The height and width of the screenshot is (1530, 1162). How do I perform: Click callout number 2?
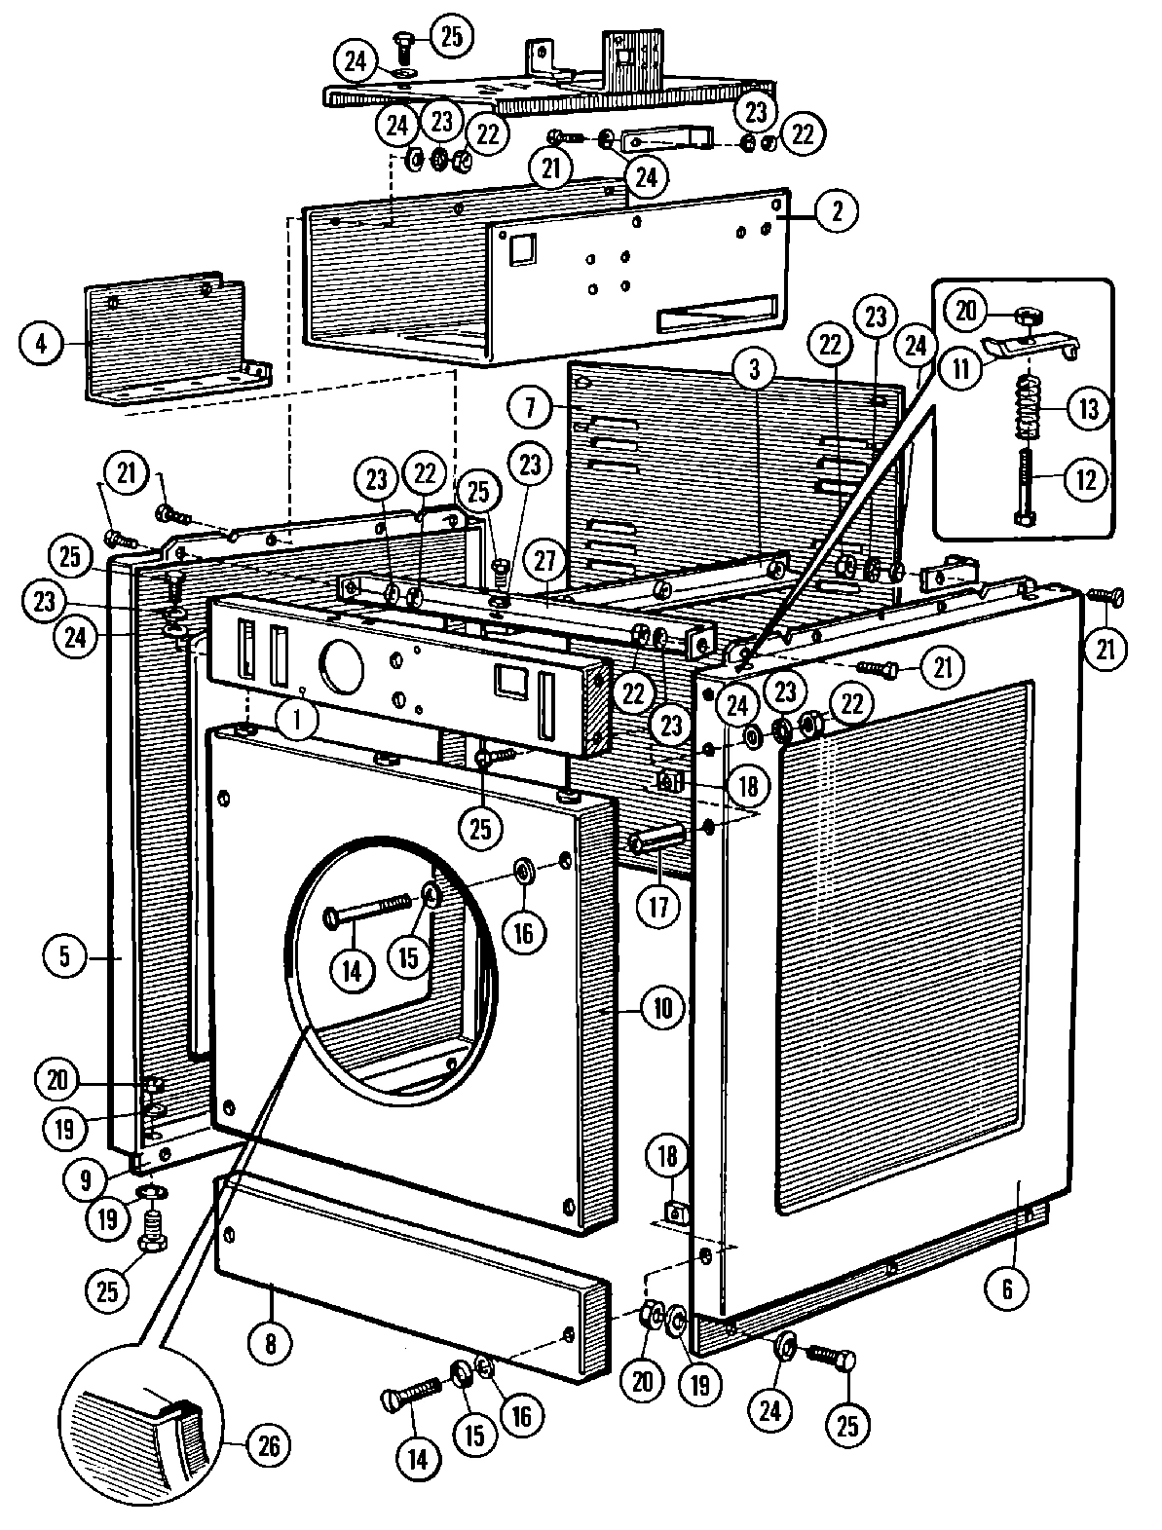(836, 210)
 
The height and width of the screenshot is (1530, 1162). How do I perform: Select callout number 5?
(65, 956)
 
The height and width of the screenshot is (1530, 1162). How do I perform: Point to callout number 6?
(1007, 1288)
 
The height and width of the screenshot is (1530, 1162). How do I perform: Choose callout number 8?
(270, 1345)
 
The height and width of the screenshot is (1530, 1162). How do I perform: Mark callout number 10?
(661, 1008)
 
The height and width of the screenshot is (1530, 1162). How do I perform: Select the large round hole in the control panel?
(341, 663)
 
